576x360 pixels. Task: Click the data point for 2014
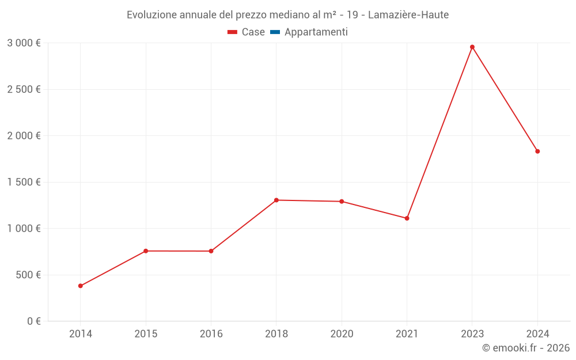tap(81, 286)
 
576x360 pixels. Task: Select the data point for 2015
tap(146, 251)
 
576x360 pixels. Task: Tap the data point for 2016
tap(211, 251)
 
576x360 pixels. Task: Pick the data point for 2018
tap(276, 200)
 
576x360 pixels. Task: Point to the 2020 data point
tap(342, 202)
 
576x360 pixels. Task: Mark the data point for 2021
tap(407, 218)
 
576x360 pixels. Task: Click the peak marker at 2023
tap(472, 47)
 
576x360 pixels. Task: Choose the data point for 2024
tap(537, 151)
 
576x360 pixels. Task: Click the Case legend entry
tap(247, 32)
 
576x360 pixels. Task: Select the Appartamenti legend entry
tap(309, 32)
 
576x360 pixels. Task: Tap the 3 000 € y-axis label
tap(24, 43)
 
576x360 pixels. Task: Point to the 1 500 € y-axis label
tap(24, 182)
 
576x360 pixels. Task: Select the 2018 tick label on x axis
tap(276, 334)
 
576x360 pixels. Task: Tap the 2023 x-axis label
tap(472, 334)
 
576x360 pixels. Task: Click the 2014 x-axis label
tap(81, 334)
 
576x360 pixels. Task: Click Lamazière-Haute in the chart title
tap(408, 15)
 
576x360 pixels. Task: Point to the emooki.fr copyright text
tap(526, 348)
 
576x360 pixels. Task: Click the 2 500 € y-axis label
tap(24, 89)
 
